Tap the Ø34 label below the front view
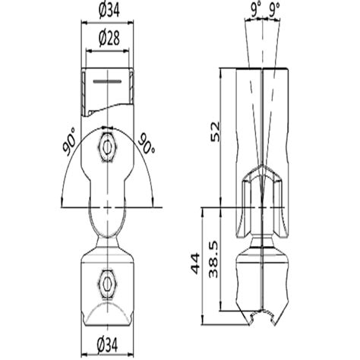107,349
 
